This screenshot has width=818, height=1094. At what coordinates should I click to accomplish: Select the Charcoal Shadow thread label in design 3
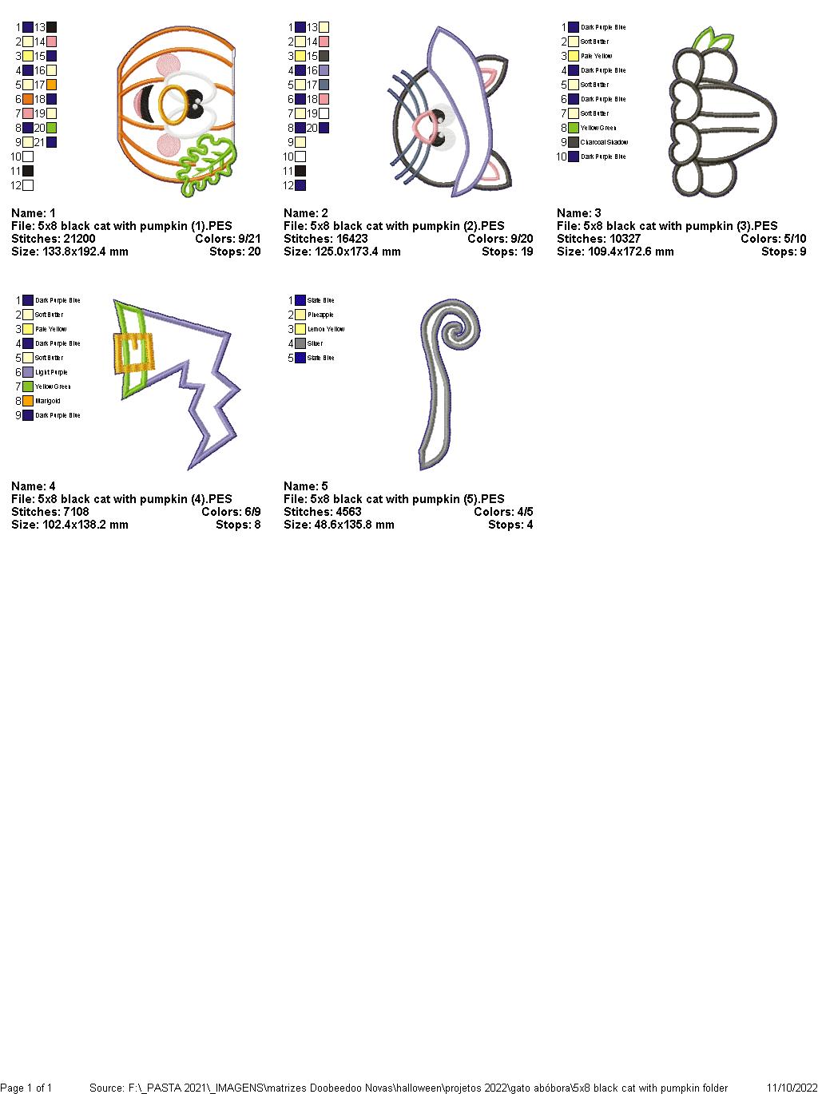pos(604,142)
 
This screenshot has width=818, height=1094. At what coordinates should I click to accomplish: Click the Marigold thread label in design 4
pos(48,401)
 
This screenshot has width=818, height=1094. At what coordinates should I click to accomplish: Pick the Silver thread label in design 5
pos(316,343)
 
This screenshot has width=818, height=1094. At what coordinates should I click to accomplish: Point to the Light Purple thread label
pos(51,372)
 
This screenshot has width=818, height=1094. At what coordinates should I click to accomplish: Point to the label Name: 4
pos(34,486)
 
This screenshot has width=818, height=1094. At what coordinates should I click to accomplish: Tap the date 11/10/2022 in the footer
pos(792,1088)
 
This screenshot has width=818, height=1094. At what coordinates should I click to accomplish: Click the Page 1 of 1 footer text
pos(26,1088)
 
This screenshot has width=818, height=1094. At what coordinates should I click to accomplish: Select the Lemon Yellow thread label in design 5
pos(326,329)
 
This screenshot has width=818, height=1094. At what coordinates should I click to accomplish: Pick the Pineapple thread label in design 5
pos(320,315)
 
